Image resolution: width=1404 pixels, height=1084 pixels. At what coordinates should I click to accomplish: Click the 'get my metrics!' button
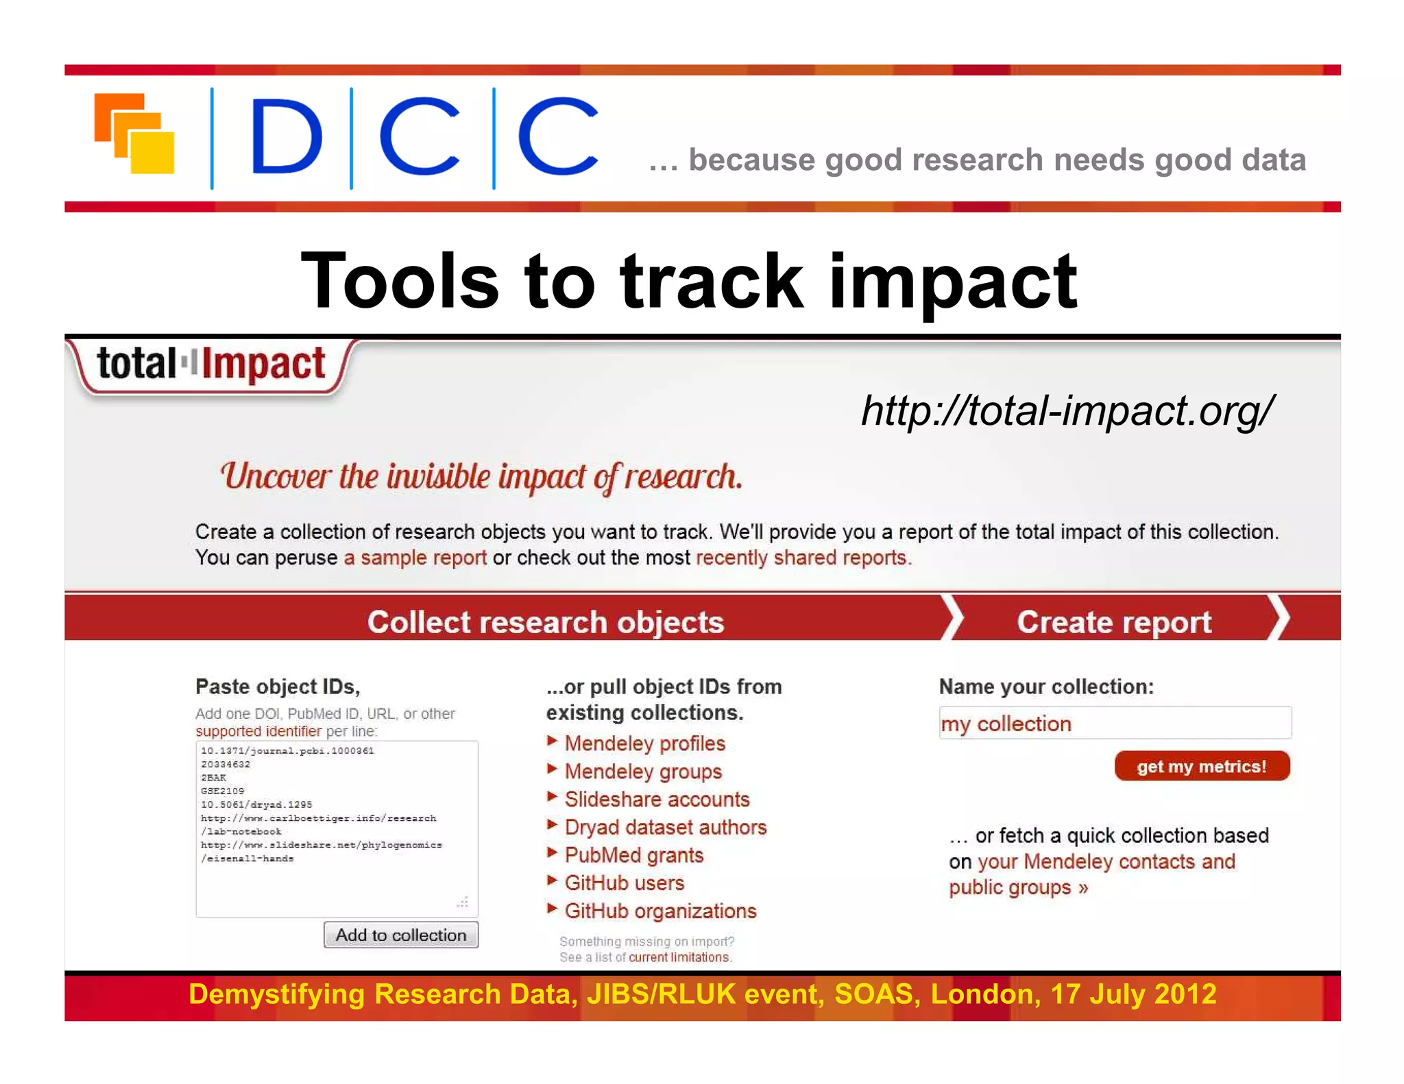(x=1202, y=766)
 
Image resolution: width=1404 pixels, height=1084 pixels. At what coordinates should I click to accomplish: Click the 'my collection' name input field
(x=1115, y=724)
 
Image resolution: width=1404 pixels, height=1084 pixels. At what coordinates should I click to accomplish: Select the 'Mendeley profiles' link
(x=644, y=743)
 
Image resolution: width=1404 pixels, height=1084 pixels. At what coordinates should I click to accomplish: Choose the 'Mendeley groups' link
(x=643, y=772)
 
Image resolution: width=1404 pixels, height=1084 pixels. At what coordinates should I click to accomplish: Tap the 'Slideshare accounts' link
(x=657, y=800)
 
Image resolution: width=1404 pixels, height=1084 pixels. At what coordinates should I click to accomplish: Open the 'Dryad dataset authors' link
(x=665, y=828)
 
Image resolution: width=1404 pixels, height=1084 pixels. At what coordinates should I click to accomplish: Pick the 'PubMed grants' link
(x=633, y=855)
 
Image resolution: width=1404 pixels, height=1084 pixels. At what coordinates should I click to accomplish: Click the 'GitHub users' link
(x=624, y=883)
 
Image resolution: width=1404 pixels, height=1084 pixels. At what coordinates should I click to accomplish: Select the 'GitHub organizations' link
(x=660, y=911)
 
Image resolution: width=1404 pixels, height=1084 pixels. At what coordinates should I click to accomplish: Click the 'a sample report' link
(x=415, y=558)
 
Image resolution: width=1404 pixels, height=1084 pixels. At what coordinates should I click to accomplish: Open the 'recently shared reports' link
(x=802, y=558)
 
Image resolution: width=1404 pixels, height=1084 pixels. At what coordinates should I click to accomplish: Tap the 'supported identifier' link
(x=258, y=731)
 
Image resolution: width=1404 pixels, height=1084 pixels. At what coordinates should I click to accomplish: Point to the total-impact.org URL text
(x=1067, y=410)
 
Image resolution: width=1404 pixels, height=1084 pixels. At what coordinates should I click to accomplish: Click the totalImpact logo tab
(x=211, y=365)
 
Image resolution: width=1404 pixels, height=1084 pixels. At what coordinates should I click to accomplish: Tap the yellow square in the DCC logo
(x=152, y=152)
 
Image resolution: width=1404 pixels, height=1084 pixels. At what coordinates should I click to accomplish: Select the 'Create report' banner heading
(x=1114, y=622)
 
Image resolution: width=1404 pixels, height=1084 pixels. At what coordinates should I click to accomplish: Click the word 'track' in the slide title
(x=711, y=281)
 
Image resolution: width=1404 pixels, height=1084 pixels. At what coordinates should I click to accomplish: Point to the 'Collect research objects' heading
(x=545, y=622)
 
